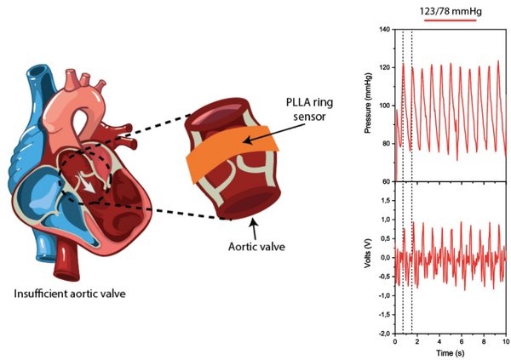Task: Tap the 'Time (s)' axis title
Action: pos(450,351)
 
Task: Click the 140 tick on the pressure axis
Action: pos(385,30)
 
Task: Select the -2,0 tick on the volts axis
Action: pos(384,334)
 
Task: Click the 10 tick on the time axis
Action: pos(506,341)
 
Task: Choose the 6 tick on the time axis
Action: pos(462,341)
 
